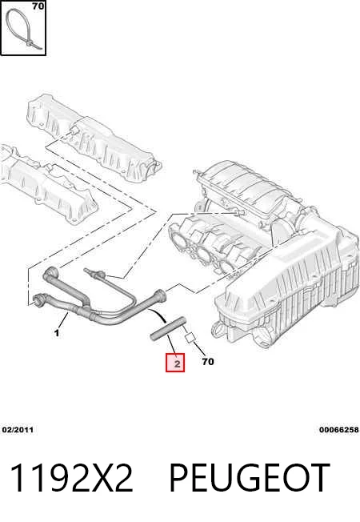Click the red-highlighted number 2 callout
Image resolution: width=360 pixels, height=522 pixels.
[x=175, y=363]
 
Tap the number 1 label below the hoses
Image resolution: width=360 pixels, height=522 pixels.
[x=57, y=332]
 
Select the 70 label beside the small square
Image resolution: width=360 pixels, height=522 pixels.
[x=208, y=361]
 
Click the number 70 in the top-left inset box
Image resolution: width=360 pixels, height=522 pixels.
[x=38, y=6]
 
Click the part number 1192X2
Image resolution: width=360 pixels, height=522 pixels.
[x=72, y=477]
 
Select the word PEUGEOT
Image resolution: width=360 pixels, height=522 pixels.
[x=250, y=477]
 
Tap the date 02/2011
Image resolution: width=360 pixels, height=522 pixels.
[x=18, y=429]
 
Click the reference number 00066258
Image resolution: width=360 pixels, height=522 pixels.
[x=339, y=429]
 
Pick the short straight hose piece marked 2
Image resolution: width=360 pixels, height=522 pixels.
[x=168, y=328]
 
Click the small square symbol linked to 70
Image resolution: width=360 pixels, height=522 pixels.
[x=190, y=337]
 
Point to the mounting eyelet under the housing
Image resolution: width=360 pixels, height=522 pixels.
[x=217, y=329]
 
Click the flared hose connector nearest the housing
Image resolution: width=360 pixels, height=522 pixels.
[x=160, y=295]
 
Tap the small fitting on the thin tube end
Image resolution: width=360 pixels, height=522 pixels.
[x=93, y=273]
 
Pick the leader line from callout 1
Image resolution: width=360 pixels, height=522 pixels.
[x=63, y=320]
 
